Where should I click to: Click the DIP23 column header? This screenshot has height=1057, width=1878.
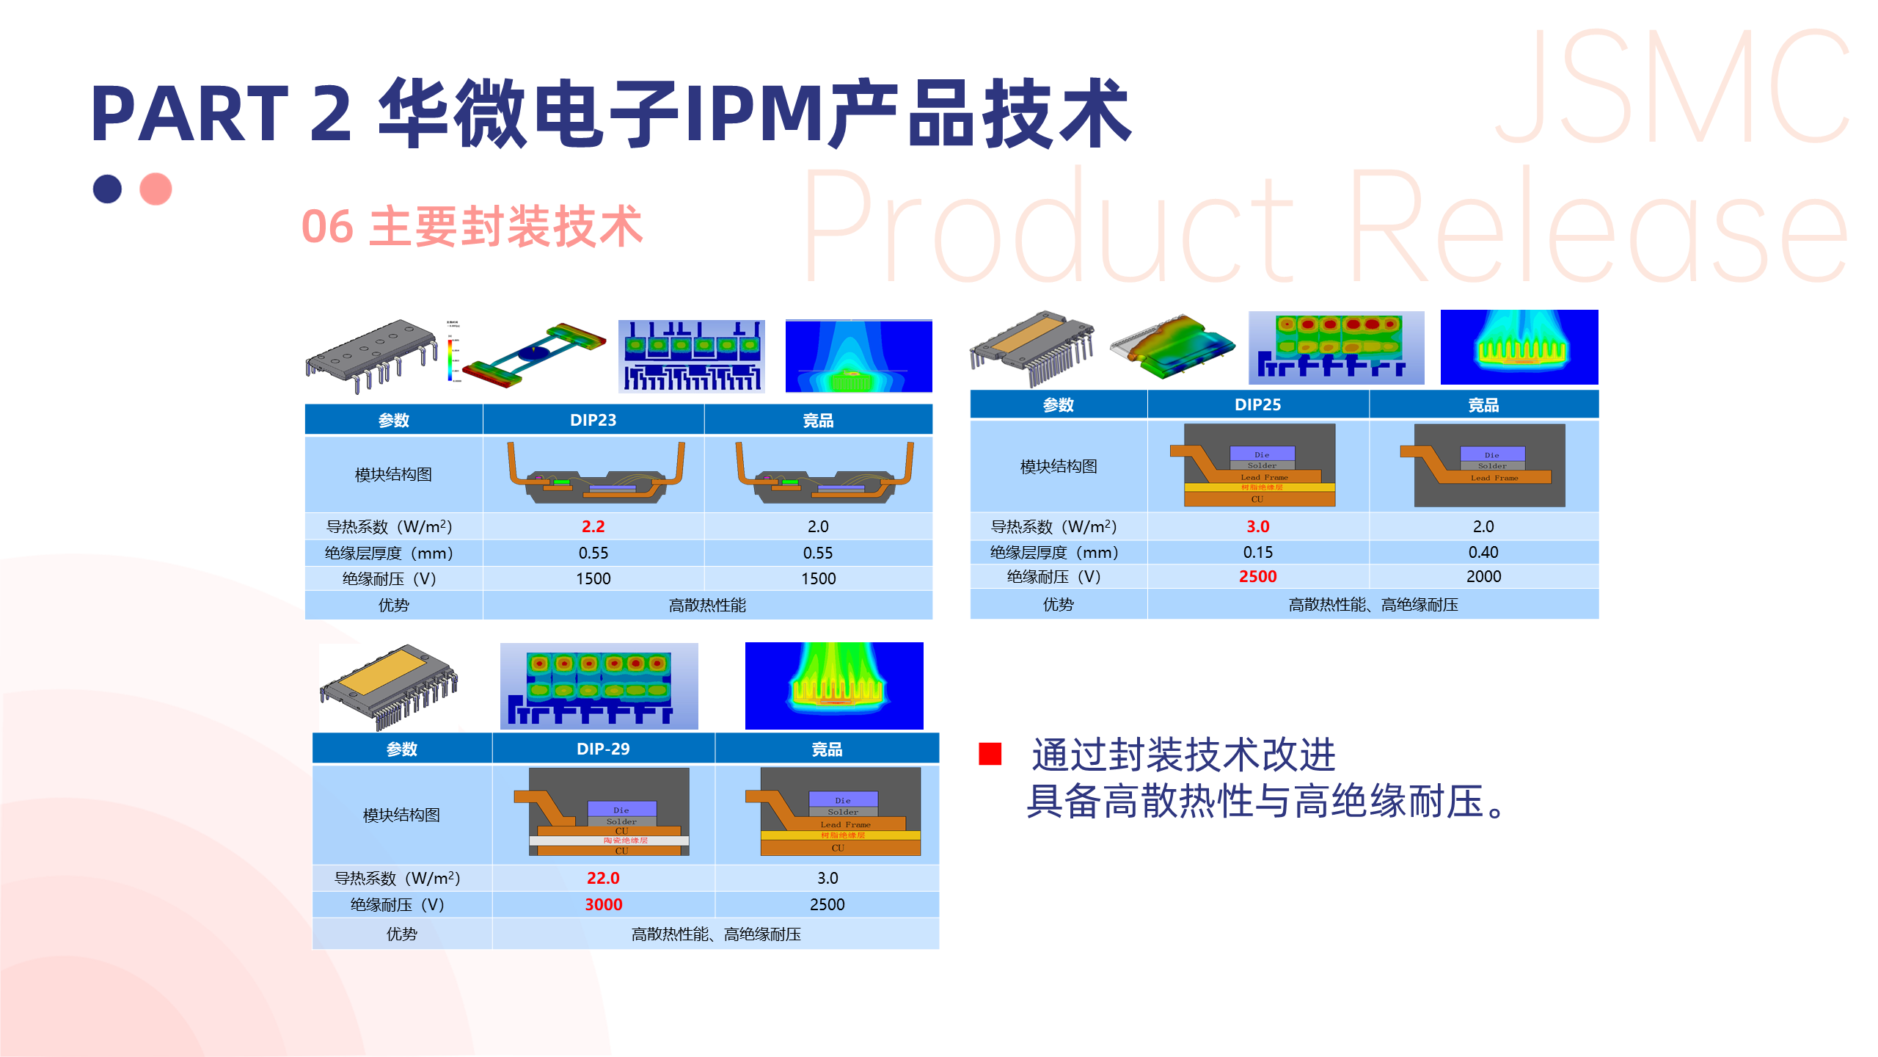point(593,420)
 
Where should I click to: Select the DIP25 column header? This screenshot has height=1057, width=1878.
point(1257,404)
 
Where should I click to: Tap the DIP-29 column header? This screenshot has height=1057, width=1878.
point(603,749)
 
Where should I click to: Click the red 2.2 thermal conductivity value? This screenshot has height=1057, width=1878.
point(593,526)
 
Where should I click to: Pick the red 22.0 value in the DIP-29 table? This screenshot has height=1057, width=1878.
point(603,878)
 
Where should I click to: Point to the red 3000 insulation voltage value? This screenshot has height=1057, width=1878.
point(603,904)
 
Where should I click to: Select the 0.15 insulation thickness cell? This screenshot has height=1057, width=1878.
point(1257,552)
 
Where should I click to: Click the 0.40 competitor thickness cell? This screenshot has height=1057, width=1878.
point(1483,552)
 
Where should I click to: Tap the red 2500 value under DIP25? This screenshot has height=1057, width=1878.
point(1257,577)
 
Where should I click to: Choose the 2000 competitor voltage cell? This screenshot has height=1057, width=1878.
point(1483,577)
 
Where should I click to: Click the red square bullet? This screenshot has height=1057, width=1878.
point(990,754)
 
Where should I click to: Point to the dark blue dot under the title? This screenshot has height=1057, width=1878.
point(107,189)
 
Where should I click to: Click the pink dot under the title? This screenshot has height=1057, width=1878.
point(156,189)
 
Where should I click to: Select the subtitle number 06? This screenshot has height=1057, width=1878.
point(327,227)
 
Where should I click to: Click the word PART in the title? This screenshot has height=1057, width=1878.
point(189,114)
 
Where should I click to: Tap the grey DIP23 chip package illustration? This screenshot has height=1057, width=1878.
point(370,356)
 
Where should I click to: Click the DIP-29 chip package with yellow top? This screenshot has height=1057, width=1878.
point(389,686)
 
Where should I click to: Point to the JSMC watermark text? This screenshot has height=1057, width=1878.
point(1673,88)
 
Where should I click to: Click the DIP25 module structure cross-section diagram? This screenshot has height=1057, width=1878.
point(1259,465)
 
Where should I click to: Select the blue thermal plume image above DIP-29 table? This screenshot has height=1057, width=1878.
point(834,686)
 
